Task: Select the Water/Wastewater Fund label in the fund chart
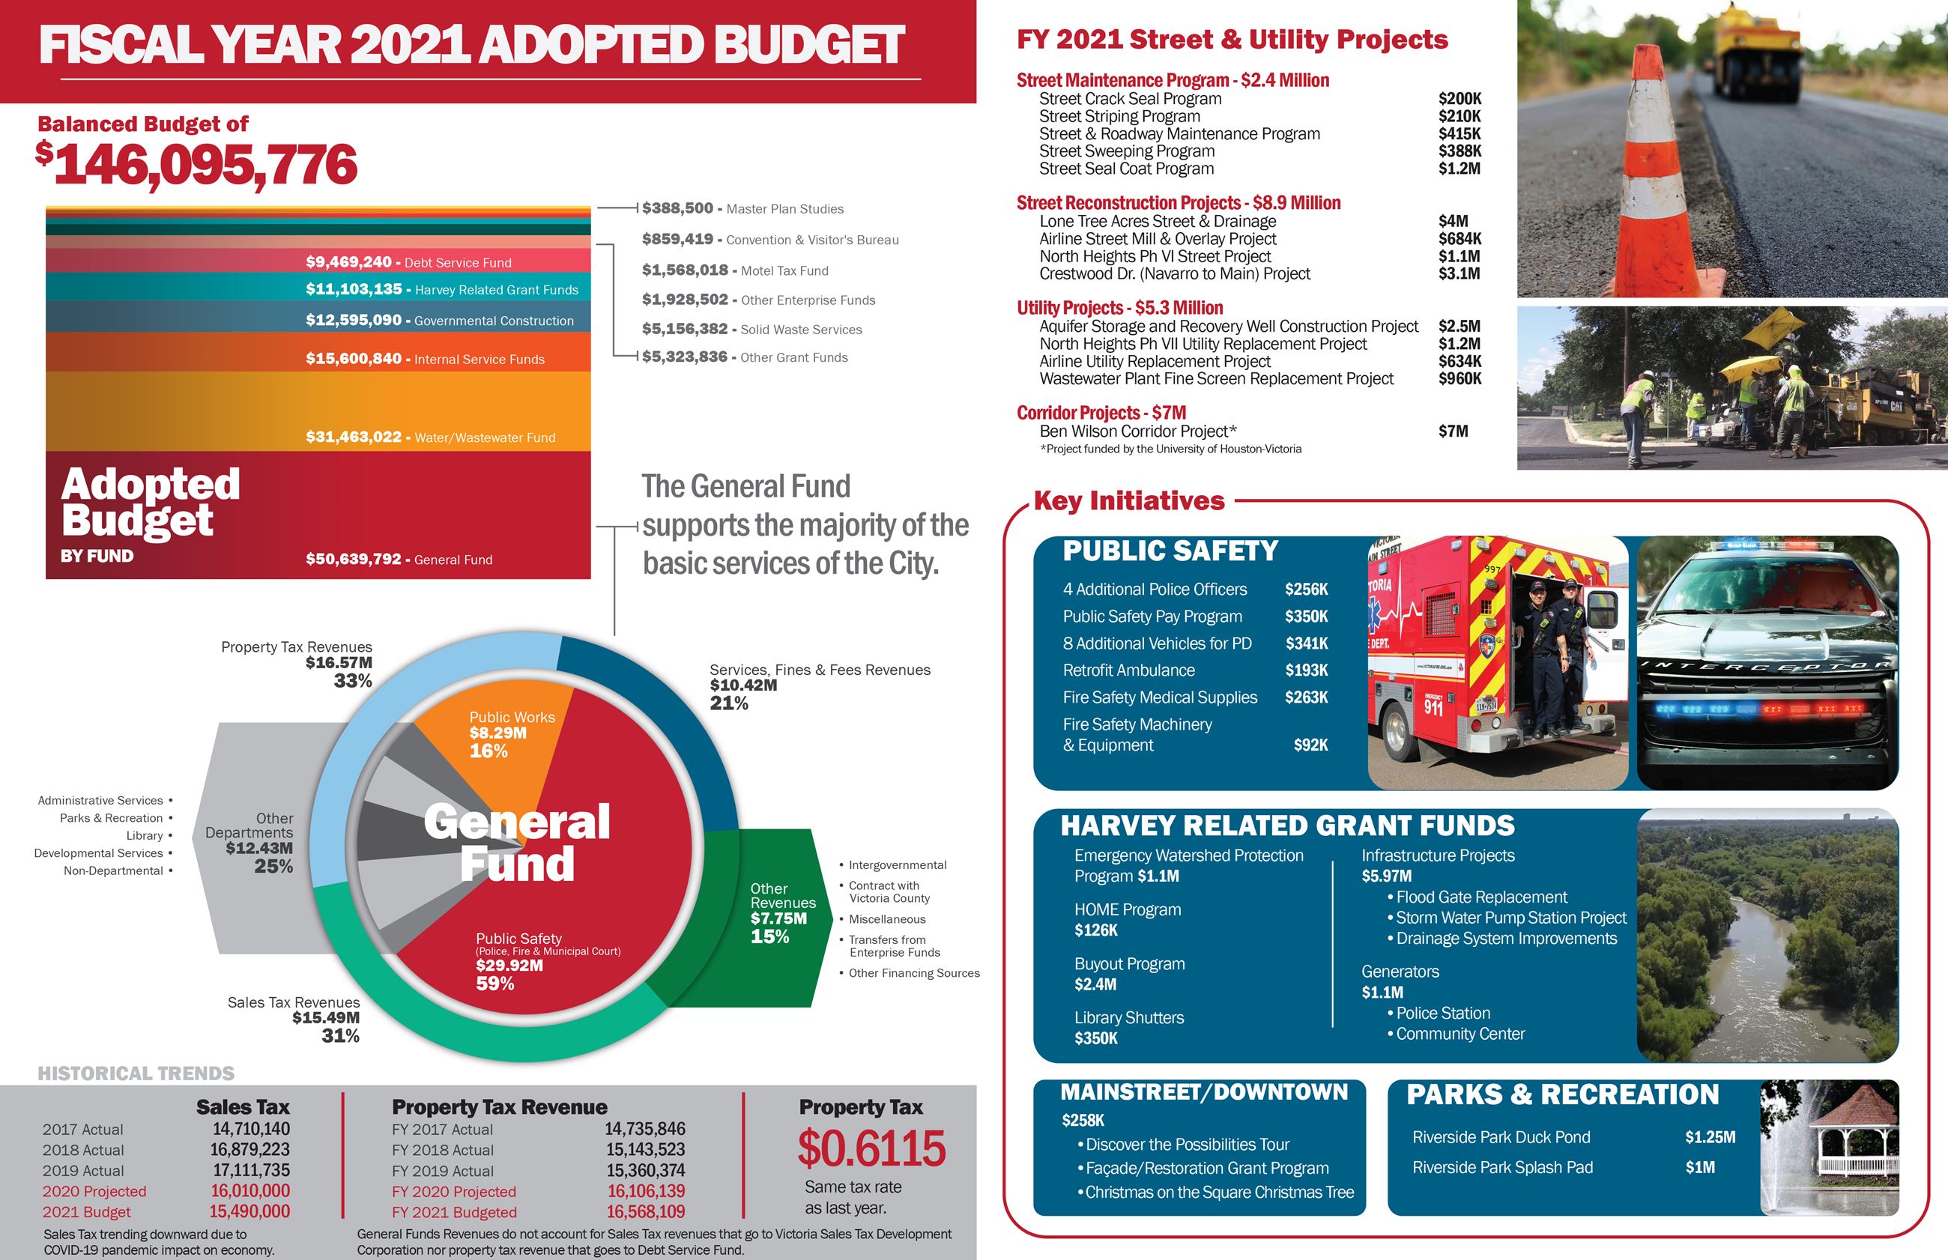coord(484,437)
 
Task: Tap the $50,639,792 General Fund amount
coord(354,560)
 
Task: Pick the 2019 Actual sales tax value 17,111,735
coord(251,1171)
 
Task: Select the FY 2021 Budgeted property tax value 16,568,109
coord(646,1212)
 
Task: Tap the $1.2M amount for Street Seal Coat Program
coord(1459,169)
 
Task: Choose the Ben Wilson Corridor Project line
coord(1137,431)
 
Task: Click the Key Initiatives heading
coord(1129,500)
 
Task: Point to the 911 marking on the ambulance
coord(1433,707)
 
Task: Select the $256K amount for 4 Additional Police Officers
coord(1306,589)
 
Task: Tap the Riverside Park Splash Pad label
coord(1502,1168)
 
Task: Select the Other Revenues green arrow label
coord(781,912)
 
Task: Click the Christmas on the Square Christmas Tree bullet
coord(1219,1192)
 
